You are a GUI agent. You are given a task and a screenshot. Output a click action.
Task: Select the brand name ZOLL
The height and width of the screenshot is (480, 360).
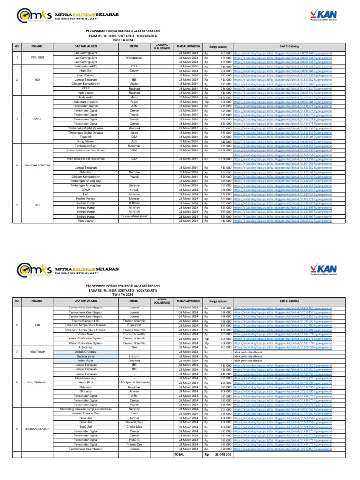point(134,66)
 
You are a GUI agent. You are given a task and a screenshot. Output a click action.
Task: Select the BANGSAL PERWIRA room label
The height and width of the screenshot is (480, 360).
point(37,166)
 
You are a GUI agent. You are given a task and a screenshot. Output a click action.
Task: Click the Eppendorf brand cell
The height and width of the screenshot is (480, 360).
point(134,324)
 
